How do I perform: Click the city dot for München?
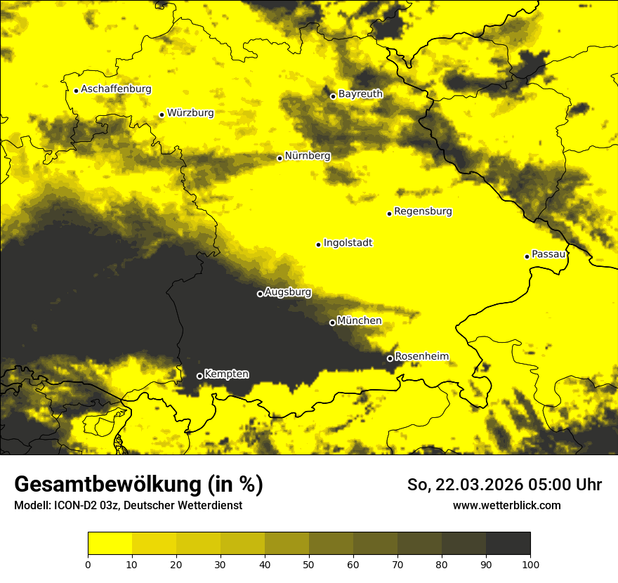pos(332,322)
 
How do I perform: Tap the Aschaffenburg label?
pos(116,89)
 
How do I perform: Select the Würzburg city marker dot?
pos(162,114)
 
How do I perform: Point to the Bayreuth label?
pos(360,93)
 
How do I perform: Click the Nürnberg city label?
pos(307,155)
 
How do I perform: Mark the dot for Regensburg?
pos(389,214)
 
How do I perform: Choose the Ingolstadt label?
pos(348,243)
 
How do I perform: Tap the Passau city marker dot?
pos(527,256)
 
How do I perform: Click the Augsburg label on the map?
pos(287,292)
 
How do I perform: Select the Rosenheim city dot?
pos(390,358)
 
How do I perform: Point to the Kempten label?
pos(226,374)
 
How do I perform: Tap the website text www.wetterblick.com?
pos(506,505)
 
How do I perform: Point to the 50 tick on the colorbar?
pos(309,564)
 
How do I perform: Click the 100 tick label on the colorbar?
pos(530,564)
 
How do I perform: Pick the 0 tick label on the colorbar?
pos(88,564)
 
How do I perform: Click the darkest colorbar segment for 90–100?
pos(508,544)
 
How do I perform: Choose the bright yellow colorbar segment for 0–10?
pos(110,544)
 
